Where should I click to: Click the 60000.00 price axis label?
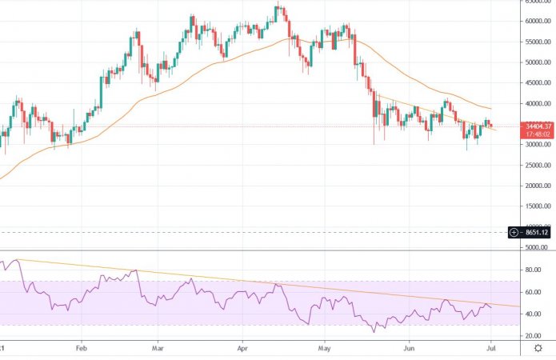(x=531, y=21)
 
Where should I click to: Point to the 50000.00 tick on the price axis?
(x=531, y=62)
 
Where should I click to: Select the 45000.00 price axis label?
(x=531, y=83)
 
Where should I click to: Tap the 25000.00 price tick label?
(x=531, y=166)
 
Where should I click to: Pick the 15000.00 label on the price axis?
(x=531, y=206)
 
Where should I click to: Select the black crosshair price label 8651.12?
(x=535, y=232)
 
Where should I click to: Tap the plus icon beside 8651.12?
(x=514, y=232)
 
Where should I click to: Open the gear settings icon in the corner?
(x=538, y=349)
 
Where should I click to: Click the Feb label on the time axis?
(x=80, y=349)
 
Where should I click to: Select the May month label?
(x=325, y=349)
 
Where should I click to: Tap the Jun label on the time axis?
(x=409, y=349)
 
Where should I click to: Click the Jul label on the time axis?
(x=490, y=349)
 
